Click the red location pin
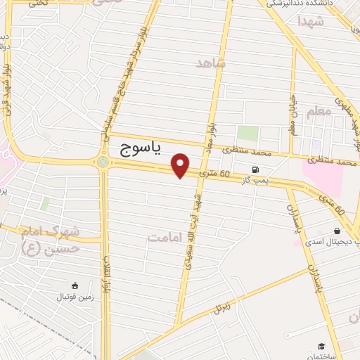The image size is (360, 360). [181, 165]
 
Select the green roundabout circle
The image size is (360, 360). [103, 163]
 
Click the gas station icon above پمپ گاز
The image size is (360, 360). [255, 169]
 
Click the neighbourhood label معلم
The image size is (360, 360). [319, 111]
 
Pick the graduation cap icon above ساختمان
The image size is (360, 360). [322, 346]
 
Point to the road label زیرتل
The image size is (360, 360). [222, 307]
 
